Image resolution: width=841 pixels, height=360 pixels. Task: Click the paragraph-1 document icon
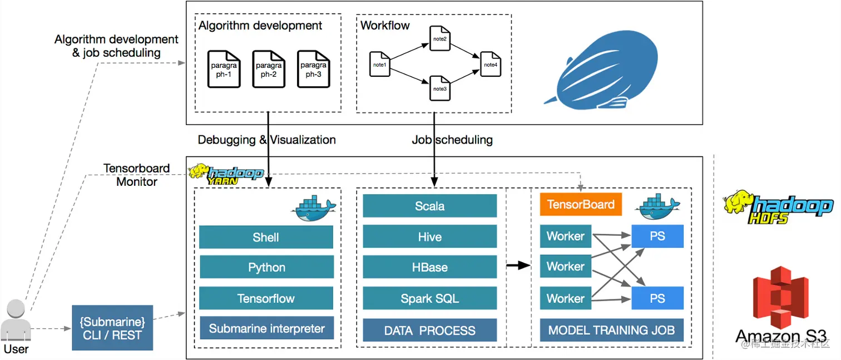pos(224,69)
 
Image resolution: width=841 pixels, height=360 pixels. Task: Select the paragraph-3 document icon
pos(314,69)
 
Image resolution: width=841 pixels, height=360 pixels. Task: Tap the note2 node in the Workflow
pos(439,38)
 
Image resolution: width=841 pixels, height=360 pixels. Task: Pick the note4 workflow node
pos(491,64)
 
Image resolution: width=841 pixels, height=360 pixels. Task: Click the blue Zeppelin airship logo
pos(605,71)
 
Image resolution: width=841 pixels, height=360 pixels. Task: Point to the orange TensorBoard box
pos(581,204)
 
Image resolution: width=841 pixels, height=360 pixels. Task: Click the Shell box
pos(266,237)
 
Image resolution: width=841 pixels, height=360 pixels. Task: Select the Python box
pos(266,267)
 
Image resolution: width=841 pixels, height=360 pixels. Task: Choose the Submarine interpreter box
pos(266,328)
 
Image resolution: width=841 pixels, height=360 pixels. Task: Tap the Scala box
pos(429,206)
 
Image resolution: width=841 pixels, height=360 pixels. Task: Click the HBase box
pos(429,267)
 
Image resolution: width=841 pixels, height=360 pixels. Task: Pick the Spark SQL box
pos(429,298)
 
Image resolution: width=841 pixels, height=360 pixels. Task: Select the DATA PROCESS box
pos(429,330)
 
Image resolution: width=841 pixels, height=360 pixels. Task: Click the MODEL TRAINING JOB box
pos(612,330)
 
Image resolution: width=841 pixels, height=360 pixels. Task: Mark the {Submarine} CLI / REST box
pos(112,328)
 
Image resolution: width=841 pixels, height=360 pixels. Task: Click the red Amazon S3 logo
pos(780,297)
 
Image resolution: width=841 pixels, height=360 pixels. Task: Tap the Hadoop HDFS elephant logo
pos(778,207)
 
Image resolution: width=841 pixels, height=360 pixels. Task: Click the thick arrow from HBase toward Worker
pos(518,265)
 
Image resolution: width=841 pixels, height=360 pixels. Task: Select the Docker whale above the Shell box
pos(313,208)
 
